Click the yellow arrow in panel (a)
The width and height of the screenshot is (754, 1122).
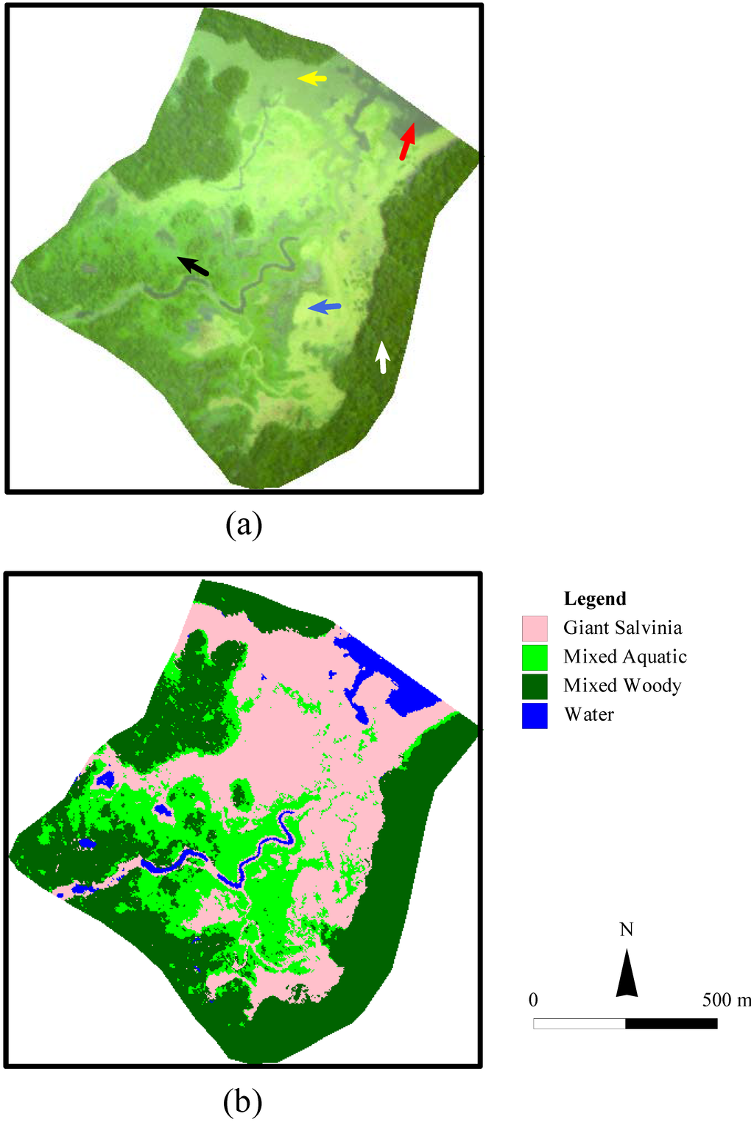click(x=312, y=77)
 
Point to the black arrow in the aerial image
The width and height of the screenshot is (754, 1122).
click(x=193, y=266)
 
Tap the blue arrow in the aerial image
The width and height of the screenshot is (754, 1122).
click(x=325, y=307)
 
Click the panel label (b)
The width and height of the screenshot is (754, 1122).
click(x=244, y=1101)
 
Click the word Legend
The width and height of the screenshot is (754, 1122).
click(x=595, y=599)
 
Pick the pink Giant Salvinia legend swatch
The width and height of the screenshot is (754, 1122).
click(x=535, y=628)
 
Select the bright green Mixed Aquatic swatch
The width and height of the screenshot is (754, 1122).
click(x=535, y=657)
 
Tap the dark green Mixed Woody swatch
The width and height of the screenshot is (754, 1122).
click(x=535, y=686)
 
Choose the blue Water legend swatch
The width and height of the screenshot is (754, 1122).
click(x=535, y=715)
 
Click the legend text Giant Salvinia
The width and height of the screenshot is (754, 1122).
click(x=623, y=627)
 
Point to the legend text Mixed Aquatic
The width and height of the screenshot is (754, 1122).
click(x=625, y=656)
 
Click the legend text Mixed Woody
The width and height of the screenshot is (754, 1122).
click(x=622, y=685)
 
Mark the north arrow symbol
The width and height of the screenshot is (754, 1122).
click(x=627, y=973)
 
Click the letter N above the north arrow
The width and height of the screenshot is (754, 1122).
click(x=627, y=929)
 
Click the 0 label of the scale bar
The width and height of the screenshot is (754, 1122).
click(x=533, y=1000)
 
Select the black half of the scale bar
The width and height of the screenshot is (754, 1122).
click(x=672, y=1023)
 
